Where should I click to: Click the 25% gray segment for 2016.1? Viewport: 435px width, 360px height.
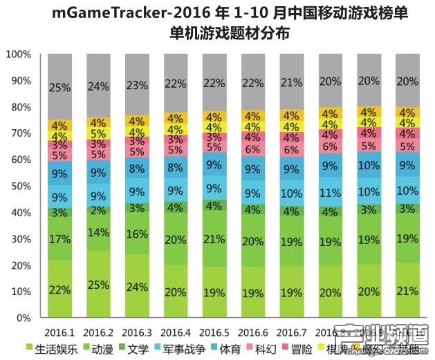click(x=59, y=88)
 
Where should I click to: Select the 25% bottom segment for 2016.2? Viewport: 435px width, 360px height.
click(x=98, y=285)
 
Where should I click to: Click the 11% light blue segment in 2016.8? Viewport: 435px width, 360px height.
click(x=331, y=193)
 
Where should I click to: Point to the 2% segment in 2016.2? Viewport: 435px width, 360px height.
click(x=98, y=211)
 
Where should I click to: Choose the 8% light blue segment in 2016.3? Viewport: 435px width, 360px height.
click(x=137, y=169)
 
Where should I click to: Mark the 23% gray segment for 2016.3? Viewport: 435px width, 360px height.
click(x=137, y=86)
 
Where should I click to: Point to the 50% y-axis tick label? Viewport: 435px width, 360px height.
click(x=21, y=187)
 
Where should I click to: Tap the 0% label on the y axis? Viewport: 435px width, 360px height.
click(x=24, y=319)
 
